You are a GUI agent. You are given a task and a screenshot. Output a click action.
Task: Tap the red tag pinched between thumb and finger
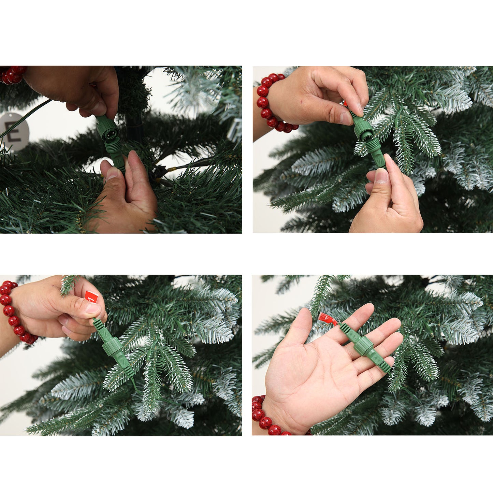[91, 296]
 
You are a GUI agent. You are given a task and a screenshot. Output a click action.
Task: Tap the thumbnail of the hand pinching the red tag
[92, 308]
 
